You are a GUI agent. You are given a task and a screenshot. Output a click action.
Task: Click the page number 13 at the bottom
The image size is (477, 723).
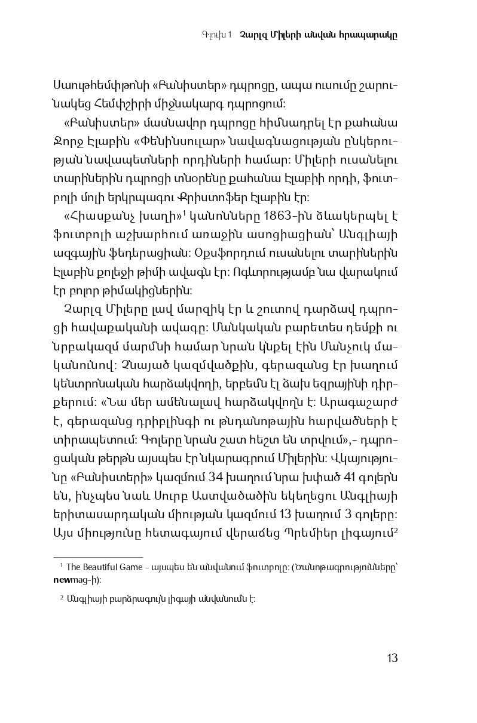tap(392, 659)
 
